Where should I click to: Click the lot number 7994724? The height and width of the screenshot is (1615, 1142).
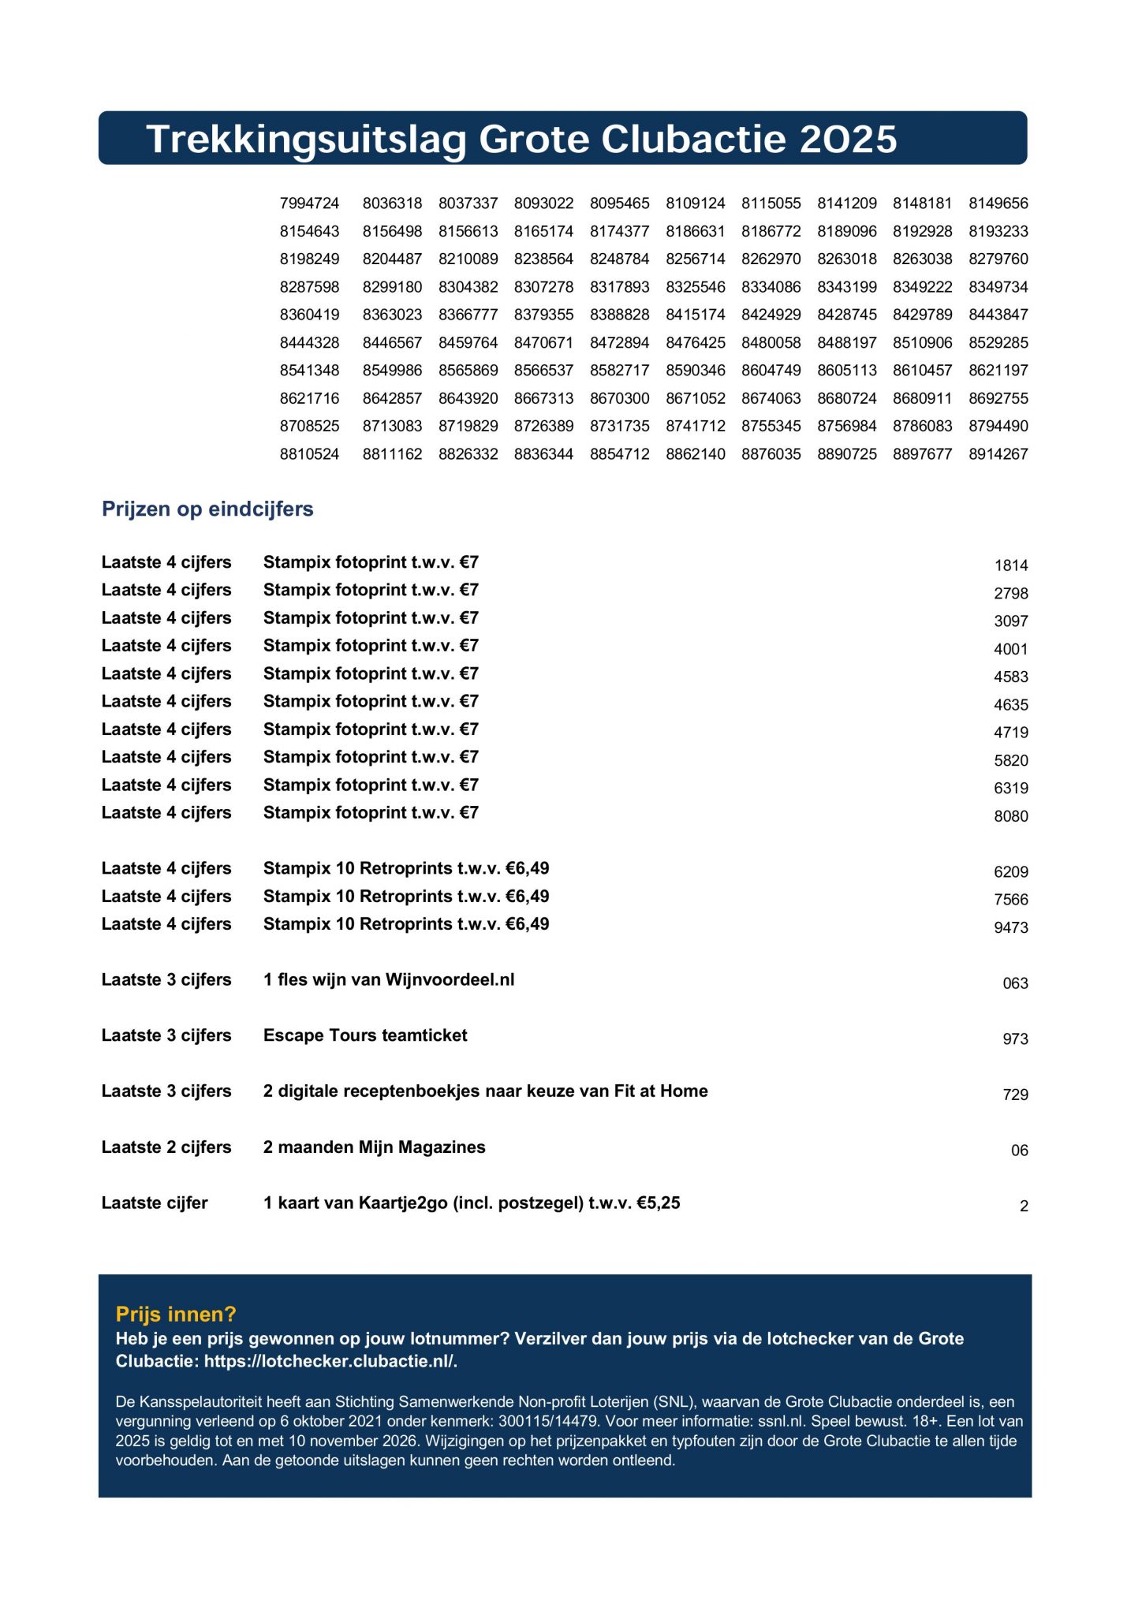(309, 203)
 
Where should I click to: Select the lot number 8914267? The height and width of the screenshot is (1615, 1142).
(998, 454)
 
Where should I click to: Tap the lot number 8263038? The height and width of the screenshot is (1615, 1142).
(922, 259)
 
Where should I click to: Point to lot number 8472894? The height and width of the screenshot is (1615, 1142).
(619, 343)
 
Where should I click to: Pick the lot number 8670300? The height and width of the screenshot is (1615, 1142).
(619, 399)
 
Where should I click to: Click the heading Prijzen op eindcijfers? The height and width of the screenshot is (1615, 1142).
(207, 509)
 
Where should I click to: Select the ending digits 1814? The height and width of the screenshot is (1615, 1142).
(1010, 565)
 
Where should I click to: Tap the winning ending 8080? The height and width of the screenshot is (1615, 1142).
(1010, 817)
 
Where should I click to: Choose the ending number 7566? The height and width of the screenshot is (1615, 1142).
(1010, 900)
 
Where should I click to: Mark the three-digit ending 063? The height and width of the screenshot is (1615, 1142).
(1015, 984)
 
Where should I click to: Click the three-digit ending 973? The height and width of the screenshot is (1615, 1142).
(1015, 1039)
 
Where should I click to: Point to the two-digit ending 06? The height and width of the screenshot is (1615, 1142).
(1019, 1151)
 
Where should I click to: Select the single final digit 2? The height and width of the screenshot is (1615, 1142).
(1024, 1207)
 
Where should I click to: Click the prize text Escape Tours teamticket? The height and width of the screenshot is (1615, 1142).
(365, 1035)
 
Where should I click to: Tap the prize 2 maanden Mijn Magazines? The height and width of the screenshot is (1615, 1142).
(374, 1147)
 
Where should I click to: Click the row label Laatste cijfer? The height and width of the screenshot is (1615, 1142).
(155, 1203)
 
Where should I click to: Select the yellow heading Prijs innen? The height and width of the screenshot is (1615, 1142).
(176, 1314)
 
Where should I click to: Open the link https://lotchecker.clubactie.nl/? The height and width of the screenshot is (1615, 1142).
(330, 1361)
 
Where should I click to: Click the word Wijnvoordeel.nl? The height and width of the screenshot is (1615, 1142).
(450, 980)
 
